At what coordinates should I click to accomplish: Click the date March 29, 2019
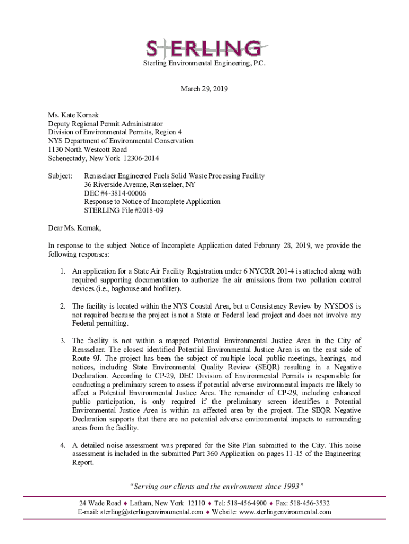(204, 89)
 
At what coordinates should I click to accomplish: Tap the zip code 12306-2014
(141, 158)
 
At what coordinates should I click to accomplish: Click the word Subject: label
(59, 176)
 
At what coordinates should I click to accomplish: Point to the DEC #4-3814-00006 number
(115, 193)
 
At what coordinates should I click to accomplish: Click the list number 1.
(63, 271)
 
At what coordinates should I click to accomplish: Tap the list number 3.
(63, 341)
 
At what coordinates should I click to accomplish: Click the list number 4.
(63, 445)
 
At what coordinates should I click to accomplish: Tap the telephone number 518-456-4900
(249, 503)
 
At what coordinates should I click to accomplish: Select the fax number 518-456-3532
(311, 503)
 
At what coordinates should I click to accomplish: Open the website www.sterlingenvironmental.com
(286, 512)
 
